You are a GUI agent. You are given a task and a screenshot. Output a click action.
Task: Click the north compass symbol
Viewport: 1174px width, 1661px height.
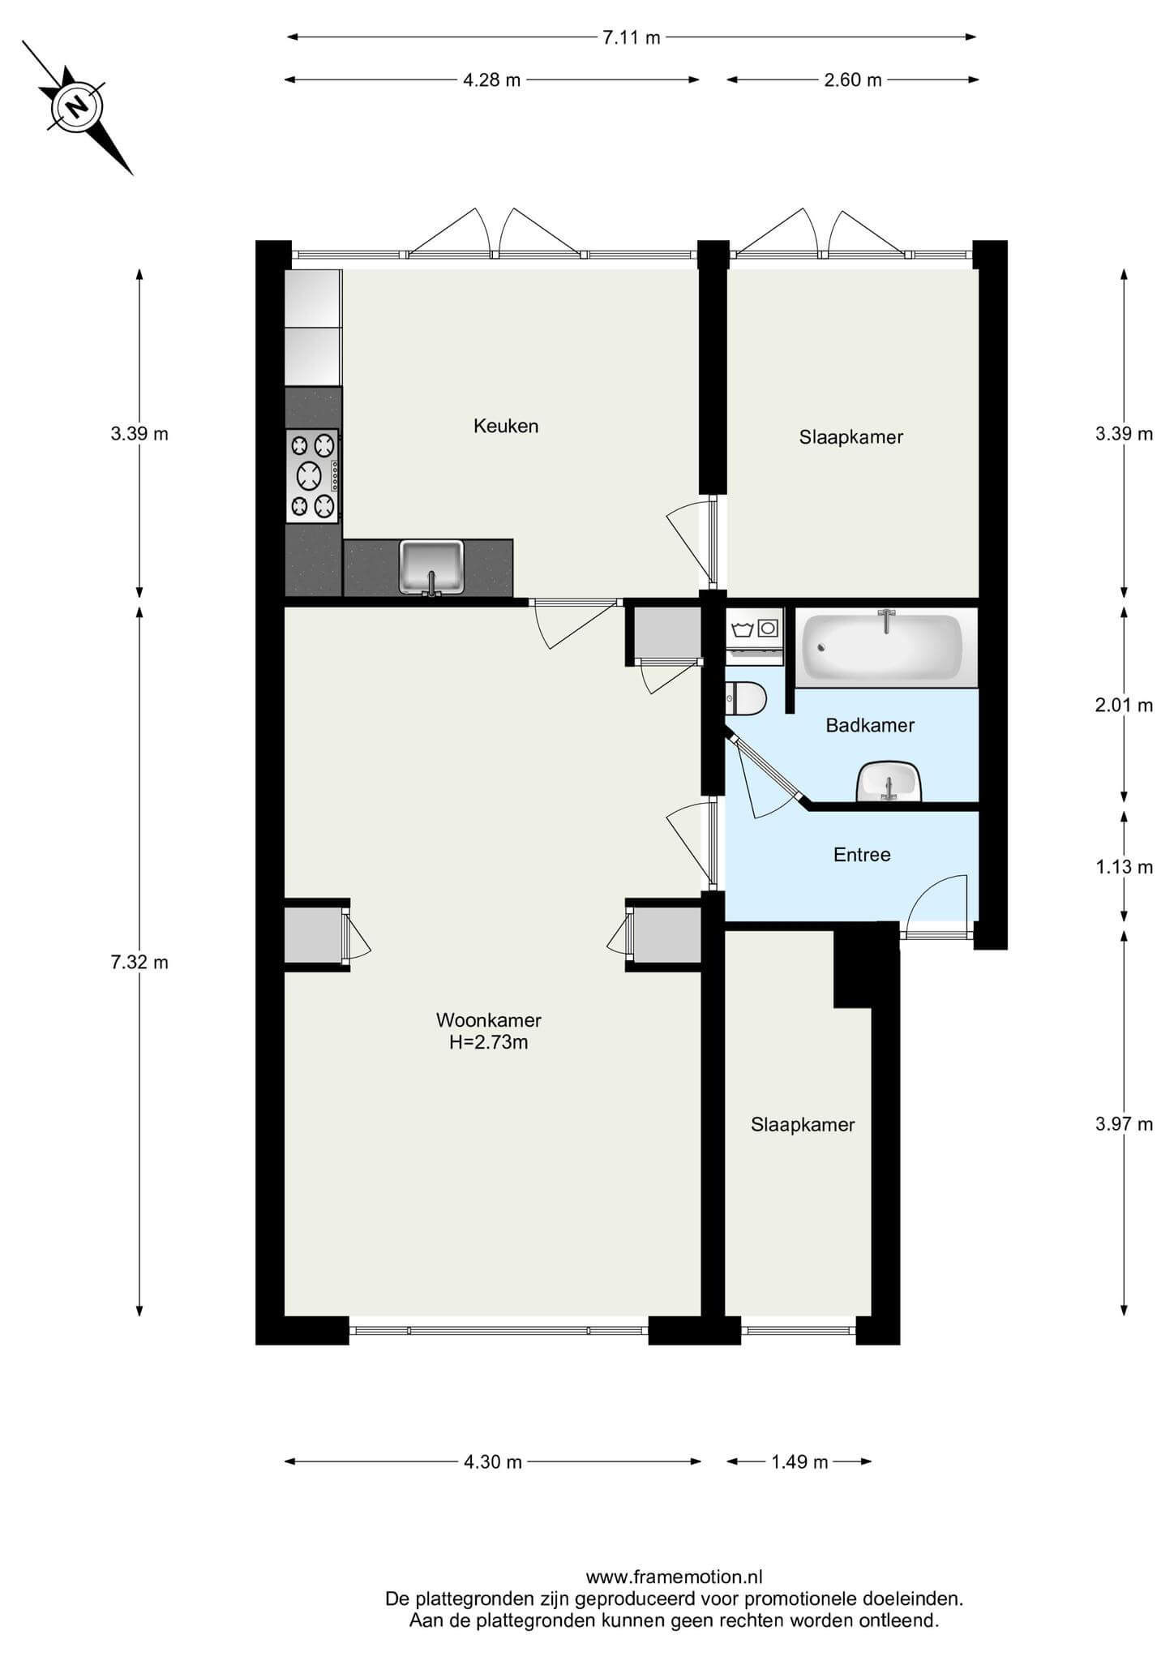pyautogui.click(x=78, y=106)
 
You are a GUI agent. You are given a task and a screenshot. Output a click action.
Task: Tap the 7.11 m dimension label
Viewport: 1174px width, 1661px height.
pyautogui.click(x=632, y=37)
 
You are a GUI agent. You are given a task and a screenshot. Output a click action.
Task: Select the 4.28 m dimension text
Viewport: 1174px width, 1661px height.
pyautogui.click(x=492, y=79)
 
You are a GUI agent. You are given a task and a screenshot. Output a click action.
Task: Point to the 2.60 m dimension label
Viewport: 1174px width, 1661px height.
pyautogui.click(x=853, y=79)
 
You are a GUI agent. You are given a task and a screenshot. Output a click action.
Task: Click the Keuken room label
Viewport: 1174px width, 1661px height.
pyautogui.click(x=506, y=426)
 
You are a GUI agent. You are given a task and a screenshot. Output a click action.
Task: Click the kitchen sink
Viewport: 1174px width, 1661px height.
pyautogui.click(x=431, y=568)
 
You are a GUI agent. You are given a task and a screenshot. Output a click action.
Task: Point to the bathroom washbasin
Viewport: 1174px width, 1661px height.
pyautogui.click(x=889, y=782)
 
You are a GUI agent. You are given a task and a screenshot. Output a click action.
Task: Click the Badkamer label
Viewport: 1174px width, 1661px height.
pyautogui.click(x=870, y=725)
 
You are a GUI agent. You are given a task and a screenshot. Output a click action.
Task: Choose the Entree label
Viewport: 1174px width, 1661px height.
pyautogui.click(x=862, y=855)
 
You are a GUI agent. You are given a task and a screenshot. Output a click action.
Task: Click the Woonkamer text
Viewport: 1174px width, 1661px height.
pyautogui.click(x=489, y=1020)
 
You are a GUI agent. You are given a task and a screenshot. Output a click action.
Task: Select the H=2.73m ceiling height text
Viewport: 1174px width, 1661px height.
pyautogui.click(x=489, y=1043)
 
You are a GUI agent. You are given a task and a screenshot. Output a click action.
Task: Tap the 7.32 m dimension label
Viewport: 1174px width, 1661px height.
pyautogui.click(x=139, y=963)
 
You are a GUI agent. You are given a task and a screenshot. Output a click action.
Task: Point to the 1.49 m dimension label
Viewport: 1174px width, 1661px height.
pyautogui.click(x=799, y=1462)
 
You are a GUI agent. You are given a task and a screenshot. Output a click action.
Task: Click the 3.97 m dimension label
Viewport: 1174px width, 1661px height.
pyautogui.click(x=1124, y=1124)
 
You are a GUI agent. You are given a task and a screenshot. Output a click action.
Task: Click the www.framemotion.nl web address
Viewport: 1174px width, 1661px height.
pyautogui.click(x=675, y=1577)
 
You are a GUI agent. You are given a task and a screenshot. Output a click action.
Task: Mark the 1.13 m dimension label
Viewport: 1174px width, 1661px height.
pyautogui.click(x=1124, y=868)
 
